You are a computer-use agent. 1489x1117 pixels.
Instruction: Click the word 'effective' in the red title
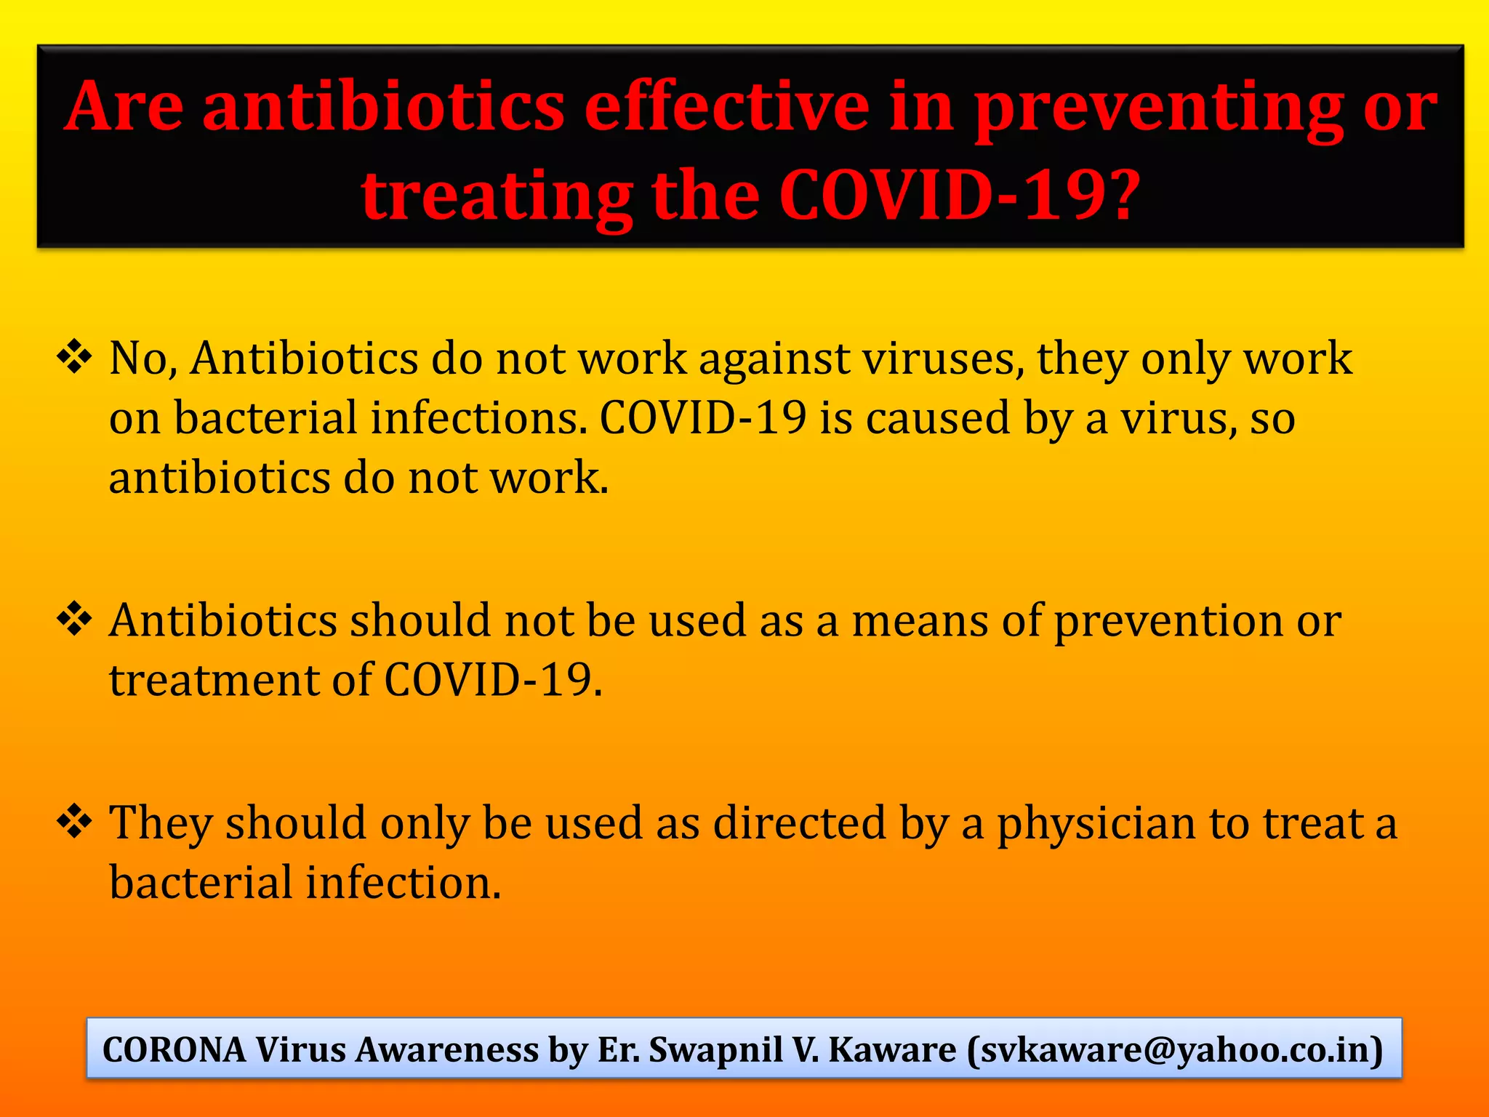coord(726,108)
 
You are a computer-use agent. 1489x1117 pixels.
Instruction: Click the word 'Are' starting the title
coord(124,108)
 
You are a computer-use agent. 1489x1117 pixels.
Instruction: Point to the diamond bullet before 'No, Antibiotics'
coord(74,357)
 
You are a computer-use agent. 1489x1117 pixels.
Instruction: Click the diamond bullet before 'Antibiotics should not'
coord(74,620)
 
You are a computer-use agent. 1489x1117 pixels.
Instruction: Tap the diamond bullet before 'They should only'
coord(74,822)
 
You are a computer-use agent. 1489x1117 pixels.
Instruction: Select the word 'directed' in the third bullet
coord(800,822)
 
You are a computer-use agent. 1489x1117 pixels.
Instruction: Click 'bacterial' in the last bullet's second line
coord(201,882)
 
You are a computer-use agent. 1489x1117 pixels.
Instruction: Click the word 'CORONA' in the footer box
coord(174,1049)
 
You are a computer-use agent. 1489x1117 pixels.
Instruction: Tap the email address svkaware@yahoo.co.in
coord(1175,1049)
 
